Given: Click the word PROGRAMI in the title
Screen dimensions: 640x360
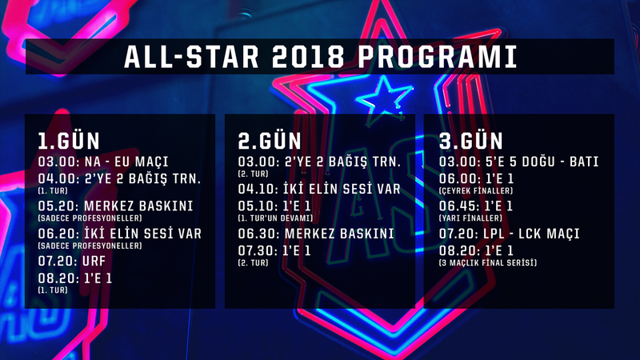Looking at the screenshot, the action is pyautogui.click(x=438, y=57).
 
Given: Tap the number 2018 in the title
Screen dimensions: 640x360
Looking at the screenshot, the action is pyautogui.click(x=308, y=57).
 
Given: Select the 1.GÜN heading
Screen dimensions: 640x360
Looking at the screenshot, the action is pyautogui.click(x=69, y=142).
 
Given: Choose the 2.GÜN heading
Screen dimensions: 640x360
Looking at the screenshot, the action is pyautogui.click(x=270, y=142).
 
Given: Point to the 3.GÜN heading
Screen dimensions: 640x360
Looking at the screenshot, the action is pyautogui.click(x=470, y=142).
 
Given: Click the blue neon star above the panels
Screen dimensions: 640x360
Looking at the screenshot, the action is pyautogui.click(x=384, y=97).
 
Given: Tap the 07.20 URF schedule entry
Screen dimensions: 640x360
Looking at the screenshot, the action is pyautogui.click(x=72, y=261).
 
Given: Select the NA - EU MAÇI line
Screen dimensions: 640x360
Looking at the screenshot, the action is pyautogui.click(x=103, y=162).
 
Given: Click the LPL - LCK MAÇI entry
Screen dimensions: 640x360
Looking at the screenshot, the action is pyautogui.click(x=509, y=234).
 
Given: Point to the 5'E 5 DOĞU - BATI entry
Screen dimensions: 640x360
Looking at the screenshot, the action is pyautogui.click(x=518, y=162).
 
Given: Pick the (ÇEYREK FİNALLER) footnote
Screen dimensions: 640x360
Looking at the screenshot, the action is pyautogui.click(x=475, y=190).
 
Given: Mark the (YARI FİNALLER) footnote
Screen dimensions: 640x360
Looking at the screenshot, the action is pyautogui.click(x=470, y=218).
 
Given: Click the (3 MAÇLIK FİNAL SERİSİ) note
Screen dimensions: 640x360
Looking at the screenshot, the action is pyautogui.click(x=488, y=263).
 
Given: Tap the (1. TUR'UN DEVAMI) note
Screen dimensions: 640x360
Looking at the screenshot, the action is pyautogui.click(x=275, y=218).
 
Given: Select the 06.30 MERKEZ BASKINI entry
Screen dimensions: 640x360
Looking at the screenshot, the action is pyautogui.click(x=316, y=234).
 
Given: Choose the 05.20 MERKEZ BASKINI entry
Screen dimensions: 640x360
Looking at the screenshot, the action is pyautogui.click(x=115, y=206).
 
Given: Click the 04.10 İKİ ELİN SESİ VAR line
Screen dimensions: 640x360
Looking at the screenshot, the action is pyautogui.click(x=319, y=189).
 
